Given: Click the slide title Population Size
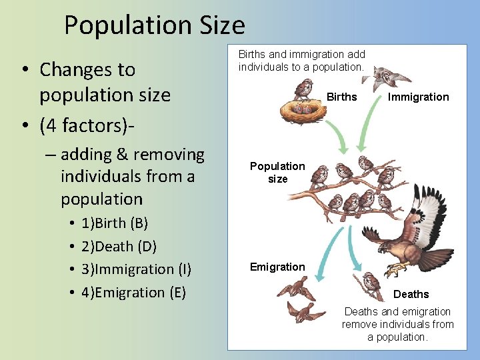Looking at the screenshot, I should tap(154, 25).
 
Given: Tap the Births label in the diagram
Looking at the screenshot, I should tap(341, 97).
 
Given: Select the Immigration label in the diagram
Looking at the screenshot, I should tap(419, 97).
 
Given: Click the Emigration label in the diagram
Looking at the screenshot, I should tap(277, 267).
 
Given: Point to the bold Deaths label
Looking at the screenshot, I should tap(411, 294).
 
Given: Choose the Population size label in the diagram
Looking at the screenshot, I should tap(277, 172).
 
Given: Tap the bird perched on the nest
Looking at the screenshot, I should tap(304, 89).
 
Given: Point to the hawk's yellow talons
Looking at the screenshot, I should tap(398, 269).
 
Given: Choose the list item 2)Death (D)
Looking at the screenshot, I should tap(119, 246).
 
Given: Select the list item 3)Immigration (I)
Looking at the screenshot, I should tap(136, 269).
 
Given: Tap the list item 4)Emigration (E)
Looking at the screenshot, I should tap(133, 293).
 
